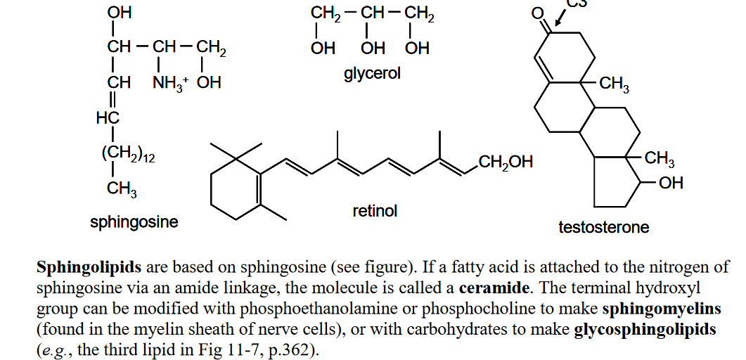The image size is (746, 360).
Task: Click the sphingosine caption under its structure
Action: tap(134, 221)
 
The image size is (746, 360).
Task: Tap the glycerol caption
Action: tap(373, 73)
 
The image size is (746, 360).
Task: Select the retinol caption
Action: tap(375, 210)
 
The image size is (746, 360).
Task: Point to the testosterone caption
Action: tap(604, 227)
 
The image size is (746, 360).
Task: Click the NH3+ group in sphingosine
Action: tap(170, 83)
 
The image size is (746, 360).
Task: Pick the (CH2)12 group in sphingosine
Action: tap(128, 154)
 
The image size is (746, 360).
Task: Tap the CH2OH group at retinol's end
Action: tap(506, 162)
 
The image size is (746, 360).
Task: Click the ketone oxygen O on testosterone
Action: tap(538, 13)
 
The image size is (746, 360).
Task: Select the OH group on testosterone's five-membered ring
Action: tap(671, 182)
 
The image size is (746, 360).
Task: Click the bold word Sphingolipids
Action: tap(89, 268)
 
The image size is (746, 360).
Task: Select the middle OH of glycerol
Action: tap(373, 48)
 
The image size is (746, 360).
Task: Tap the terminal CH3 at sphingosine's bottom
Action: tap(122, 189)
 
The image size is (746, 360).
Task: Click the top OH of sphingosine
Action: tap(120, 13)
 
